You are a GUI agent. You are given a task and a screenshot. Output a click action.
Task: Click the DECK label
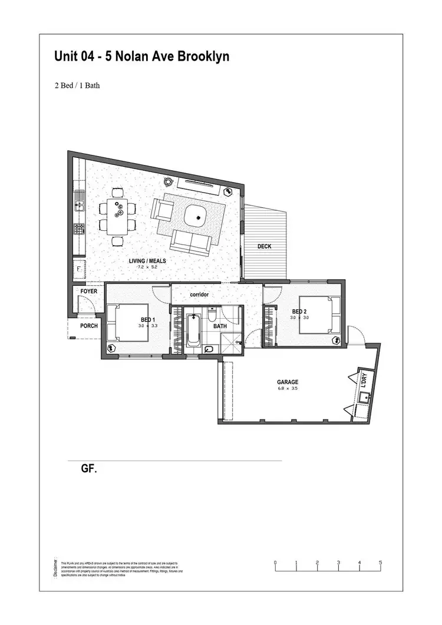[x=265, y=246]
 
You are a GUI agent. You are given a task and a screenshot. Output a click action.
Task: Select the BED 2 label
[x=299, y=311]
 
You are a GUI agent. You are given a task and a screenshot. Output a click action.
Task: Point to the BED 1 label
[x=148, y=319]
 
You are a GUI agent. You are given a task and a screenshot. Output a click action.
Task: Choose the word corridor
[x=200, y=294]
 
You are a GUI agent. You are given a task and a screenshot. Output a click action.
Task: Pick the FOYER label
[x=89, y=291]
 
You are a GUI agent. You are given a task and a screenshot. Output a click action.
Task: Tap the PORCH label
[x=89, y=326]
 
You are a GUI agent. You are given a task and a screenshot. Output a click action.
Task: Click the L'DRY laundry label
[x=364, y=379]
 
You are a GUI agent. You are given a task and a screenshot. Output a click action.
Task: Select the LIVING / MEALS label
[x=147, y=260]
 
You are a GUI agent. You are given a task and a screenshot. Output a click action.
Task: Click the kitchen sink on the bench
[x=78, y=206]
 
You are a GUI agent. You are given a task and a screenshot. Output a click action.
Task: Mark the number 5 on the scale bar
[x=381, y=563]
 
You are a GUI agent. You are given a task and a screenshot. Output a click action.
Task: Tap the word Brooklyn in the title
[x=201, y=57]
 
